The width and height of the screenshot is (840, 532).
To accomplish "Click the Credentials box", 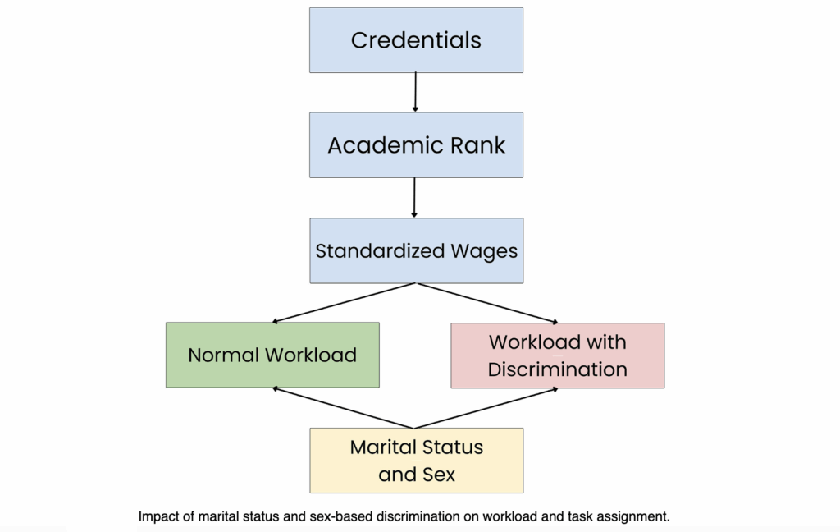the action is point(416,40).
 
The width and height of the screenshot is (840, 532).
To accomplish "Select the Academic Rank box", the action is point(416,145).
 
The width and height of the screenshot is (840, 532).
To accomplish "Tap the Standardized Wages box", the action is point(417,250).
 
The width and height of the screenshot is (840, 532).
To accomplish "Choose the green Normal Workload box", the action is point(272,355).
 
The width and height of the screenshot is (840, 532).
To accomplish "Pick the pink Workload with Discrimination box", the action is point(558,355).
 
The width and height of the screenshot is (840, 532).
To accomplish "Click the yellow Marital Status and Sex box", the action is point(417,461).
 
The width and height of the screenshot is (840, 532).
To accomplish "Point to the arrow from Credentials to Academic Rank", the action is point(415,92).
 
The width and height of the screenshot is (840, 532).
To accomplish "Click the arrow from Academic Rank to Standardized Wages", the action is point(414,198).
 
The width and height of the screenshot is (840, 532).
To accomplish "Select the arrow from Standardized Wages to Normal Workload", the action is point(344,303).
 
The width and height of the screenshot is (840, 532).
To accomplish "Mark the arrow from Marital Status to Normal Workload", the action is point(343,408).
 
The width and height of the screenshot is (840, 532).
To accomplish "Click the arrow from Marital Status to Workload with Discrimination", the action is point(486,408).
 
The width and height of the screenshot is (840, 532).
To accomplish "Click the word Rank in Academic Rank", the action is point(477,145).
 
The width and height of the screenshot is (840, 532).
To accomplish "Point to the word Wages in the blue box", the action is point(484,251).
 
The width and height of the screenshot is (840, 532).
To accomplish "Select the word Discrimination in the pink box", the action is point(558,369).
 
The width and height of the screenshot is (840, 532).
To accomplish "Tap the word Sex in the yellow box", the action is point(439,475).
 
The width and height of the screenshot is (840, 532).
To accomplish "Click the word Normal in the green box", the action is point(223,355).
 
